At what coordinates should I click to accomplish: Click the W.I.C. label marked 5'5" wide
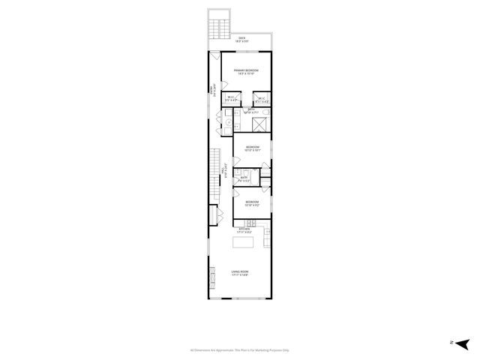tap(232, 97)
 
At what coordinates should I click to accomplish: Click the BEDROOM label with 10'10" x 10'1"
tap(252, 147)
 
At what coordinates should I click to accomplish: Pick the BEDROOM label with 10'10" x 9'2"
tap(252, 202)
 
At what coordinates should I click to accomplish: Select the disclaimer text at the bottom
tap(239, 349)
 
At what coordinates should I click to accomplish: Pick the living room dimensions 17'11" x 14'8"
tap(240, 275)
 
